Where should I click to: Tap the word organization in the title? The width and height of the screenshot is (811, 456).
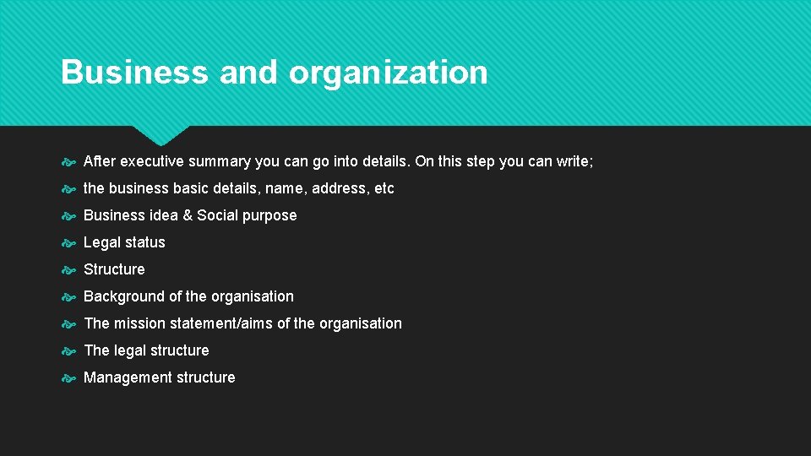(388, 73)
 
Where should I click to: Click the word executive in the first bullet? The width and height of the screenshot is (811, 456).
(150, 161)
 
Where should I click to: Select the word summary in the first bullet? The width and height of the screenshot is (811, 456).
(223, 161)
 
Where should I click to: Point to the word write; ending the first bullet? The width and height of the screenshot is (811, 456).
(574, 161)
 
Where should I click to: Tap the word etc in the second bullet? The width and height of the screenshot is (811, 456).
(384, 188)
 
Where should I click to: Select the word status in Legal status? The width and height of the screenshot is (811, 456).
(145, 242)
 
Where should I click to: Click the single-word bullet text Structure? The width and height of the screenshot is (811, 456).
(114, 269)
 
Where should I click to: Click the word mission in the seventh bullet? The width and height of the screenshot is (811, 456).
(141, 323)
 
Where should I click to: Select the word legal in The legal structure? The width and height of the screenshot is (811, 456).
(130, 350)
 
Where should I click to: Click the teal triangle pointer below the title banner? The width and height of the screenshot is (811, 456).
(161, 135)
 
